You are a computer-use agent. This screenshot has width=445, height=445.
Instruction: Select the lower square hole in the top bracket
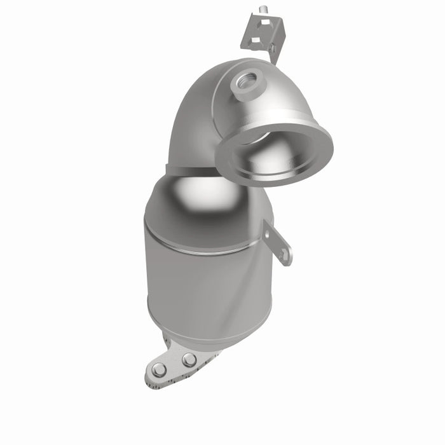pos(252,40)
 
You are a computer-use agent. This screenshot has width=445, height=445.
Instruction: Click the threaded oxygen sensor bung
pos(245,81)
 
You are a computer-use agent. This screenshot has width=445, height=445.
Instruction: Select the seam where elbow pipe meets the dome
pos(191,170)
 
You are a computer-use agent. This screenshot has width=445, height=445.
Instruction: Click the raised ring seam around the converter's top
pos(203,248)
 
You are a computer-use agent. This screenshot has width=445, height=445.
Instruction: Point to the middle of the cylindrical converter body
pos(203,286)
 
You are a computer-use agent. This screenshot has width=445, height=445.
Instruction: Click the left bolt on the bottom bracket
pos(159,369)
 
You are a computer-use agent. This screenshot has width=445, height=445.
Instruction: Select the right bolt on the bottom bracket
pos(189,360)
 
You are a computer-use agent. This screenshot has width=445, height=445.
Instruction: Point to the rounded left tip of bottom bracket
pos(150,376)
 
